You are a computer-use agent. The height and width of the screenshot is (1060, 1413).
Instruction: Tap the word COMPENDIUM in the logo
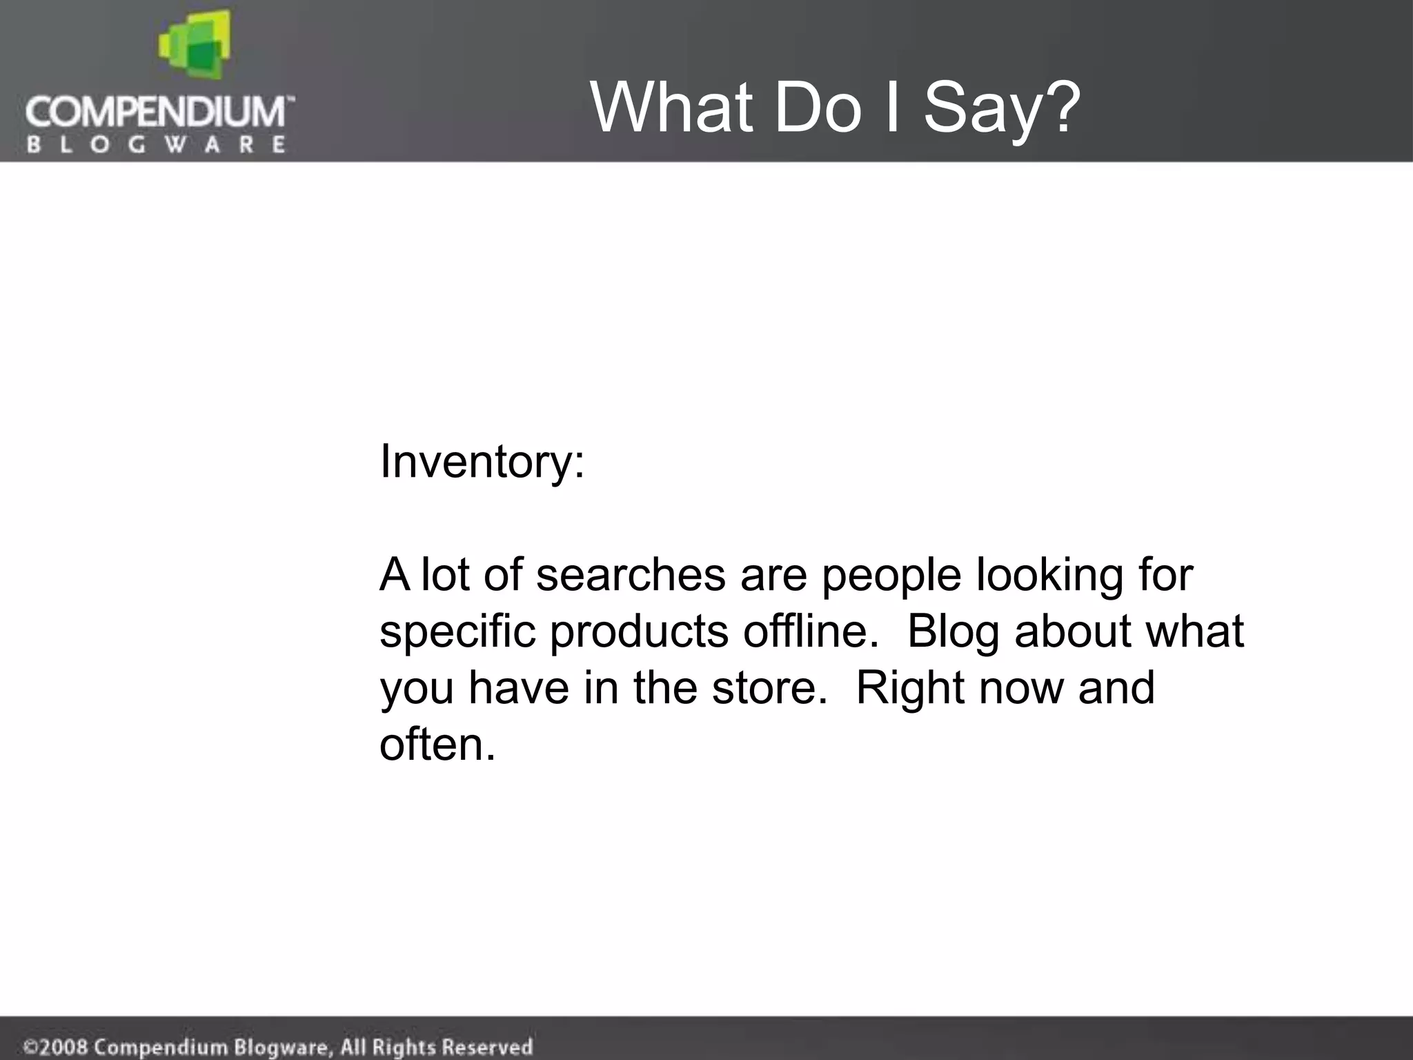click(x=156, y=111)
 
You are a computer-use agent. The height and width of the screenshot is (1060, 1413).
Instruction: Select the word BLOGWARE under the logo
click(x=156, y=144)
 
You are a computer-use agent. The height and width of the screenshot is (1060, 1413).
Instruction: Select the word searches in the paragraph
click(x=631, y=574)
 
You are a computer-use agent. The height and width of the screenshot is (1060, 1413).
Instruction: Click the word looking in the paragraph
click(x=1049, y=576)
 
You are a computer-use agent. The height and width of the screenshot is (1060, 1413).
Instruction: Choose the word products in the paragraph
click(x=639, y=631)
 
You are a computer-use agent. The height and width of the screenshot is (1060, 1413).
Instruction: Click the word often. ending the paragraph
click(x=437, y=745)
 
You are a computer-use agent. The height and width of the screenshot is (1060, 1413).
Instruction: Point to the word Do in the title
click(x=818, y=108)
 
